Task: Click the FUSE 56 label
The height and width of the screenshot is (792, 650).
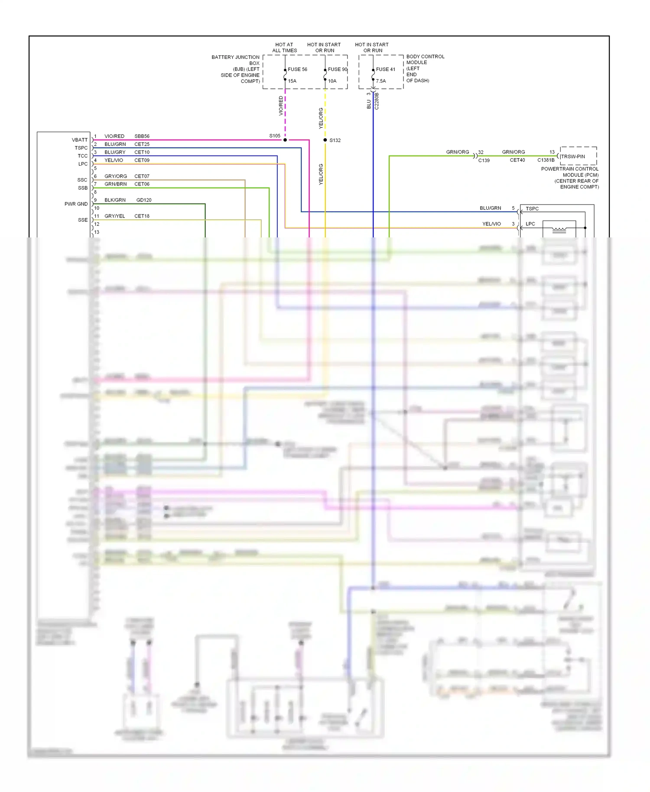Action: (x=297, y=69)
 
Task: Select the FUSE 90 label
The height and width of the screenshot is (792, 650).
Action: (x=337, y=69)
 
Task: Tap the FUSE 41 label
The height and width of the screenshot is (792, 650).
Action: (x=385, y=69)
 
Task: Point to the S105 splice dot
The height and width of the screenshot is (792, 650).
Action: (x=285, y=140)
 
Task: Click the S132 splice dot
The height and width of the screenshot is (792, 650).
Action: (x=325, y=140)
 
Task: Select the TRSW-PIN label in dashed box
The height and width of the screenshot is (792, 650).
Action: (x=572, y=156)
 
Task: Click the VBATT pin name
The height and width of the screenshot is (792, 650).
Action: (x=79, y=140)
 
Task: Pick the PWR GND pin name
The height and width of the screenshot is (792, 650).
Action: (x=76, y=204)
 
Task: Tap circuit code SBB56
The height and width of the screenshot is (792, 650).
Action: (x=142, y=136)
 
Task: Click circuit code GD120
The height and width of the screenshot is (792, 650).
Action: (x=144, y=200)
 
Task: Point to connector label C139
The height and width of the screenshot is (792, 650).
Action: (x=484, y=160)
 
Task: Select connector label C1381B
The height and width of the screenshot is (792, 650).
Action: (x=546, y=160)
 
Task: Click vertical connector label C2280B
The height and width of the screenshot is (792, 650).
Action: (x=377, y=101)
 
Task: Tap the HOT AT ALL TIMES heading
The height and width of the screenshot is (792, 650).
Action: (x=284, y=48)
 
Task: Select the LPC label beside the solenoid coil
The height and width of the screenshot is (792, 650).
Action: (x=530, y=224)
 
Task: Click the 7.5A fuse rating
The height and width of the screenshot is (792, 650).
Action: (x=380, y=81)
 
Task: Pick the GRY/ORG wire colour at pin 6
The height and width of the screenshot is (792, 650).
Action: (x=116, y=176)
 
